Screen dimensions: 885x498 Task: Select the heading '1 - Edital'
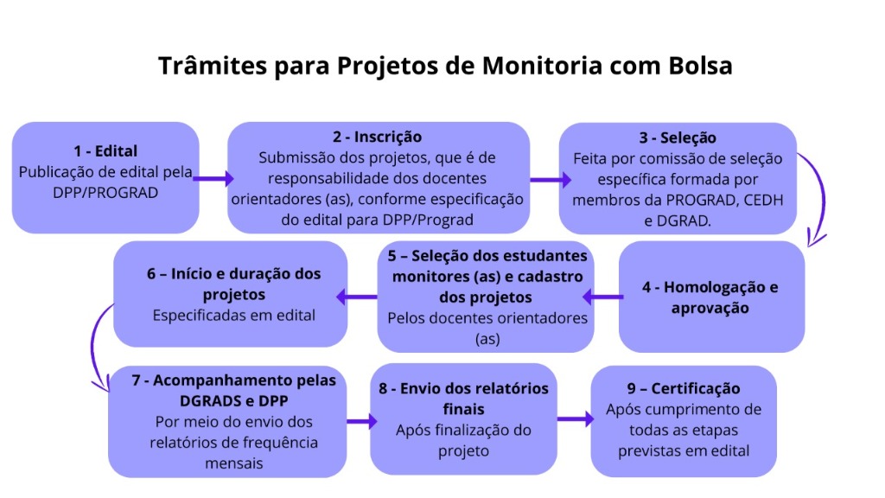pos(105,150)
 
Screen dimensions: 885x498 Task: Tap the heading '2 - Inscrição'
pos(377,137)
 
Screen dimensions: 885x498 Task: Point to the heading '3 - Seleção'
pos(678,137)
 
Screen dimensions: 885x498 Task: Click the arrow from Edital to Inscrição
pos(213,178)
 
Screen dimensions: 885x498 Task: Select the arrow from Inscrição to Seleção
pos(551,180)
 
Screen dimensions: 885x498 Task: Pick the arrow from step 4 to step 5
pos(602,297)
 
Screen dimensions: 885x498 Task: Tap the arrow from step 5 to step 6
pos(357,297)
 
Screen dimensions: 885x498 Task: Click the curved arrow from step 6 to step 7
pos(93,344)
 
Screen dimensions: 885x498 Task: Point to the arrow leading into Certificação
pos(576,419)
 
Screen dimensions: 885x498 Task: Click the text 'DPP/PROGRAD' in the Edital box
pos(105,193)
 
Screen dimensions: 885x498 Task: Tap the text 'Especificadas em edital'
pos(233,315)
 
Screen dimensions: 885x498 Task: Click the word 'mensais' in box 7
pos(233,463)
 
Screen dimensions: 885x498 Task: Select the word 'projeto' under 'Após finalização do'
pos(463,451)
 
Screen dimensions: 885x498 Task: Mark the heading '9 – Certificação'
pos(684,388)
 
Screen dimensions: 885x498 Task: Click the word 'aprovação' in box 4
pos(710,309)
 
